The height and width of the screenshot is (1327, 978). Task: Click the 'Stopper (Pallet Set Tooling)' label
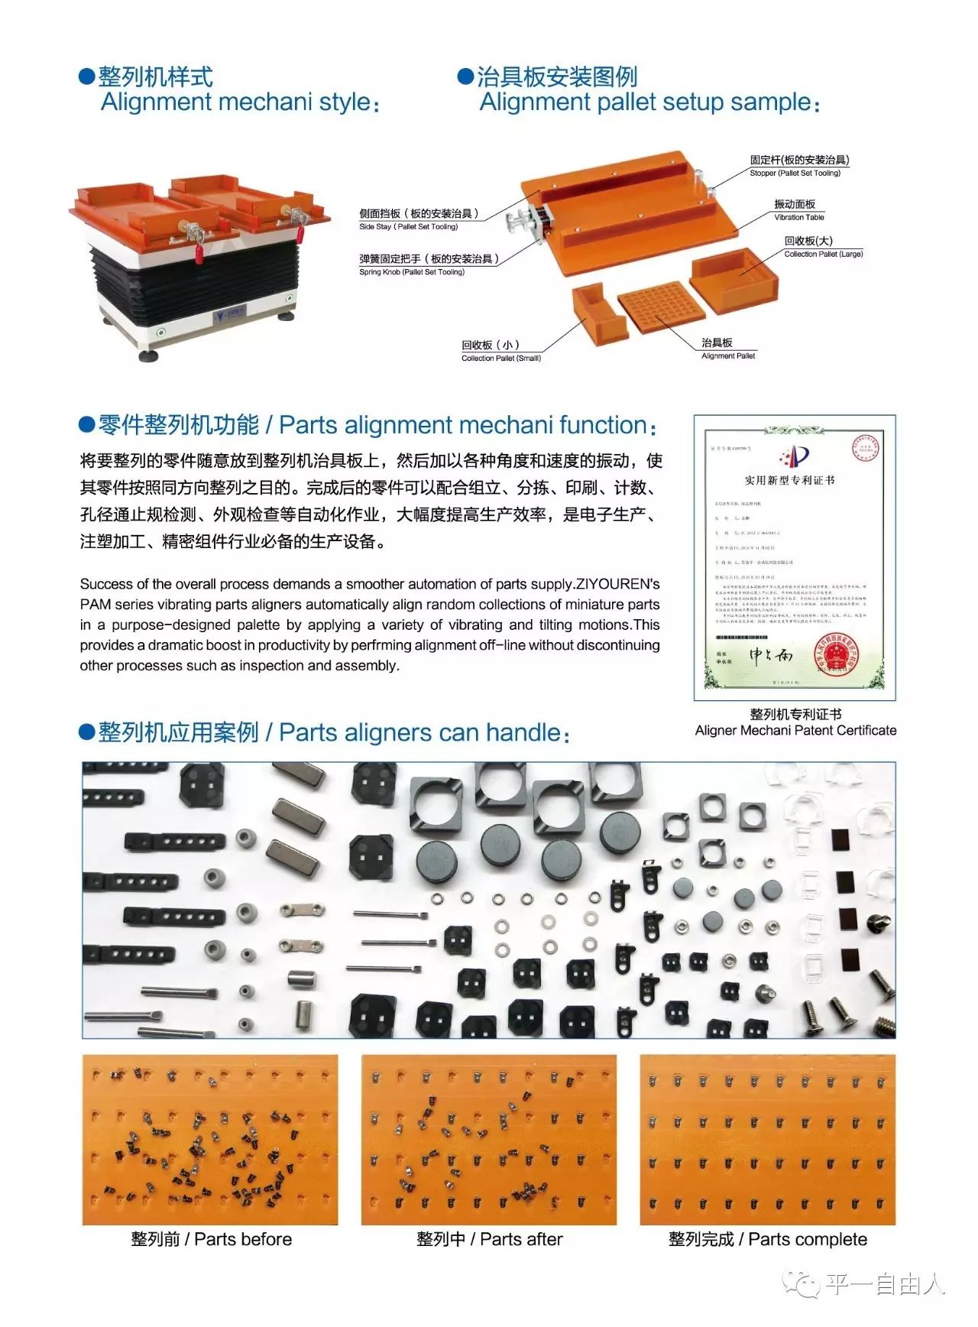pos(795,174)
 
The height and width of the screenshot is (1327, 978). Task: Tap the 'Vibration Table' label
pos(799,217)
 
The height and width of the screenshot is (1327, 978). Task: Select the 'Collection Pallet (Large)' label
pos(823,254)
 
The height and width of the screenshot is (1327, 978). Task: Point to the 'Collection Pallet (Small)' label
pos(500,358)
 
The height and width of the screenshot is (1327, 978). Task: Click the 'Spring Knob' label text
pos(412,271)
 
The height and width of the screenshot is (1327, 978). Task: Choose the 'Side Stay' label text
pos(409,226)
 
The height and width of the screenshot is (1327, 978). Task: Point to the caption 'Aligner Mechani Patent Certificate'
pos(795,730)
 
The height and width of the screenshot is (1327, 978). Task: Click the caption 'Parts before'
pos(243,1239)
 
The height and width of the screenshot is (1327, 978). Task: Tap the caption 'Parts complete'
pos(807,1239)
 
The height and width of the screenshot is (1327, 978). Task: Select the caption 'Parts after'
pos(521,1239)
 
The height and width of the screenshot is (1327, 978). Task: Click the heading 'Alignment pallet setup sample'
pos(646,102)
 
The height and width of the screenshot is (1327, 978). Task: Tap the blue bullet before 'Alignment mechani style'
pos(86,76)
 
